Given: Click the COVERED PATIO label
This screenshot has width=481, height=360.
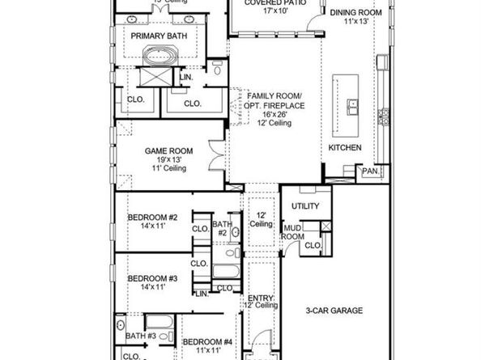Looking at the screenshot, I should coord(272,3).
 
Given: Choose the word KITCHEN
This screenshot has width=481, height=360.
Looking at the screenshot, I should coord(345,149).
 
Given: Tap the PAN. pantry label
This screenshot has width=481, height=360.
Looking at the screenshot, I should coord(370,171).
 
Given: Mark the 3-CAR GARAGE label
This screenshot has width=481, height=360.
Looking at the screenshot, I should coord(334,311).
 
